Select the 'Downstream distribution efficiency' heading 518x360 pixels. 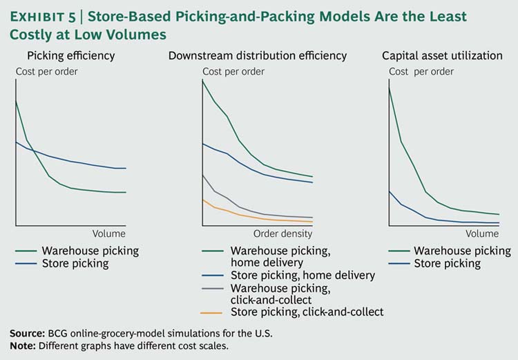[258, 55]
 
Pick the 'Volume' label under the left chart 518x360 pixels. [109, 234]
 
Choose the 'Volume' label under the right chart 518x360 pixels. [482, 234]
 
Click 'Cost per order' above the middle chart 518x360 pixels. [233, 71]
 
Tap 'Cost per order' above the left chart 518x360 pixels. [46, 71]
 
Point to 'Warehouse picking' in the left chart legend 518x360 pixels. [90, 250]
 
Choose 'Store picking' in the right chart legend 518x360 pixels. [447, 263]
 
